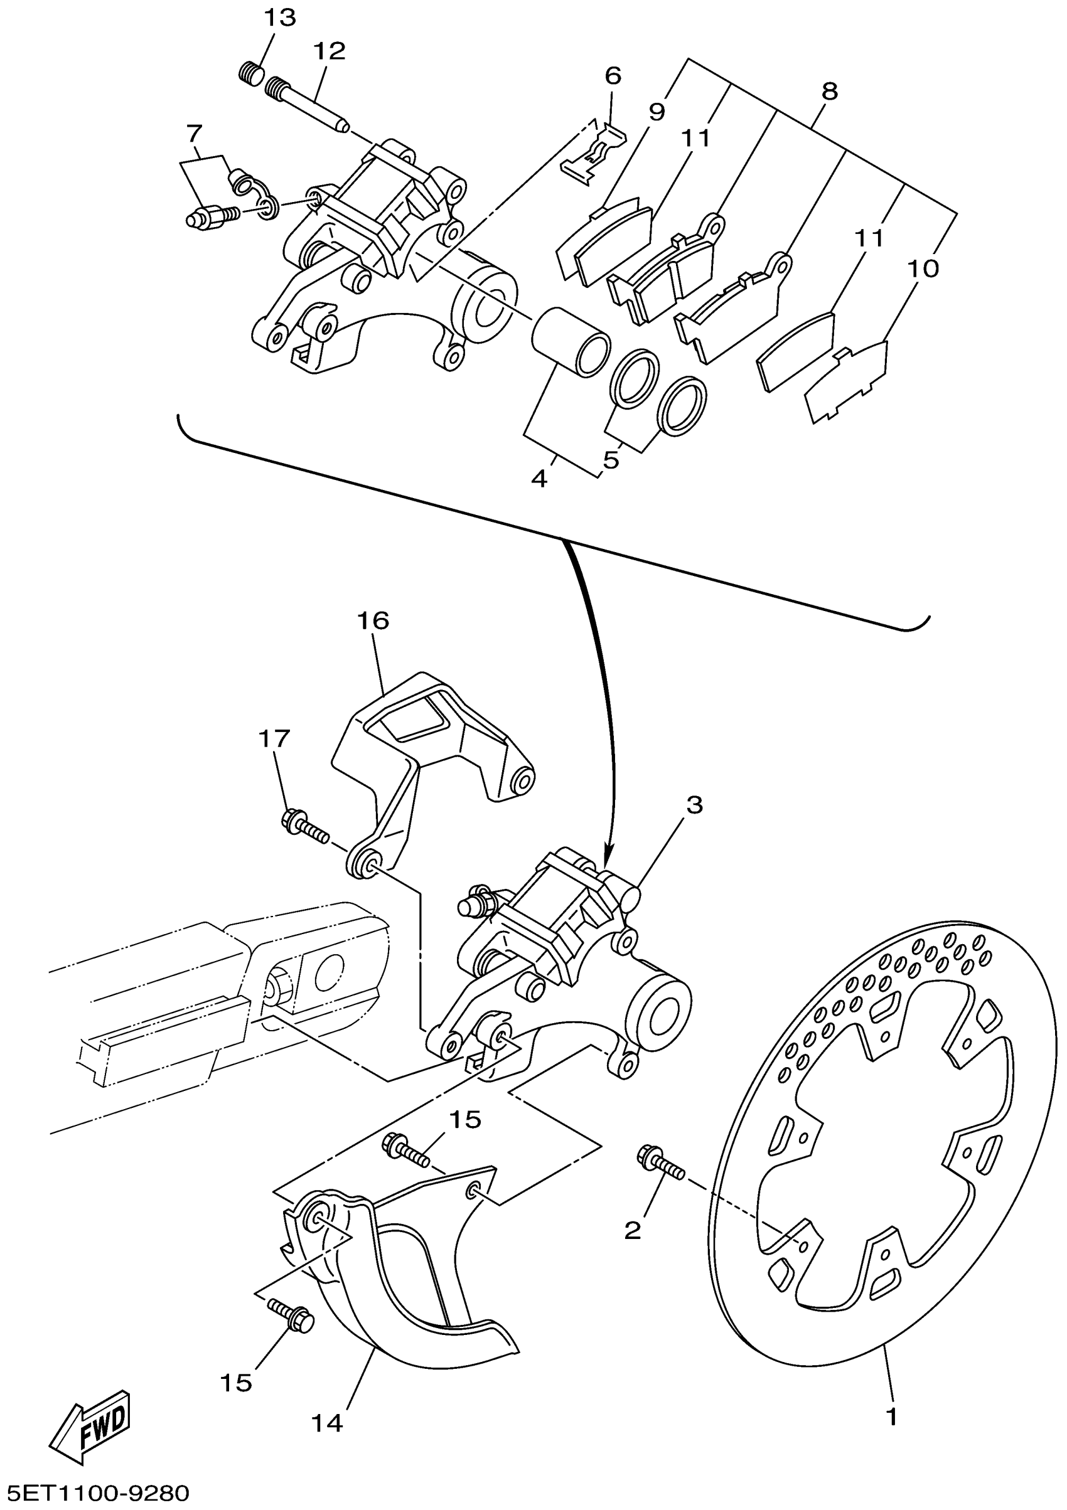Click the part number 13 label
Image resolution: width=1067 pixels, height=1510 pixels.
pyautogui.click(x=280, y=18)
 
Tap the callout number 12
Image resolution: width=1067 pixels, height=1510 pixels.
pyautogui.click(x=329, y=51)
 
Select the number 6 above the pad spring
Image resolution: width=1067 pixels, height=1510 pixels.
pyautogui.click(x=613, y=76)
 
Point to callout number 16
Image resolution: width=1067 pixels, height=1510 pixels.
pyautogui.click(x=373, y=620)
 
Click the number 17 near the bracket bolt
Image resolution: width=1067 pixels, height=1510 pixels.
pyautogui.click(x=274, y=739)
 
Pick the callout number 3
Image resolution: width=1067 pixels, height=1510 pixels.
pyautogui.click(x=695, y=804)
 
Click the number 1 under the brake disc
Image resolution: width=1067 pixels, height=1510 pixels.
pyautogui.click(x=892, y=1415)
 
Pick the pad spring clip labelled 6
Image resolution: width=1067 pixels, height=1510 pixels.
pyautogui.click(x=592, y=152)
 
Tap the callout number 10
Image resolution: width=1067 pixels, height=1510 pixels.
pyautogui.click(x=922, y=269)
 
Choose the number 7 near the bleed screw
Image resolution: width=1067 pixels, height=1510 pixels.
pyautogui.click(x=193, y=134)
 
